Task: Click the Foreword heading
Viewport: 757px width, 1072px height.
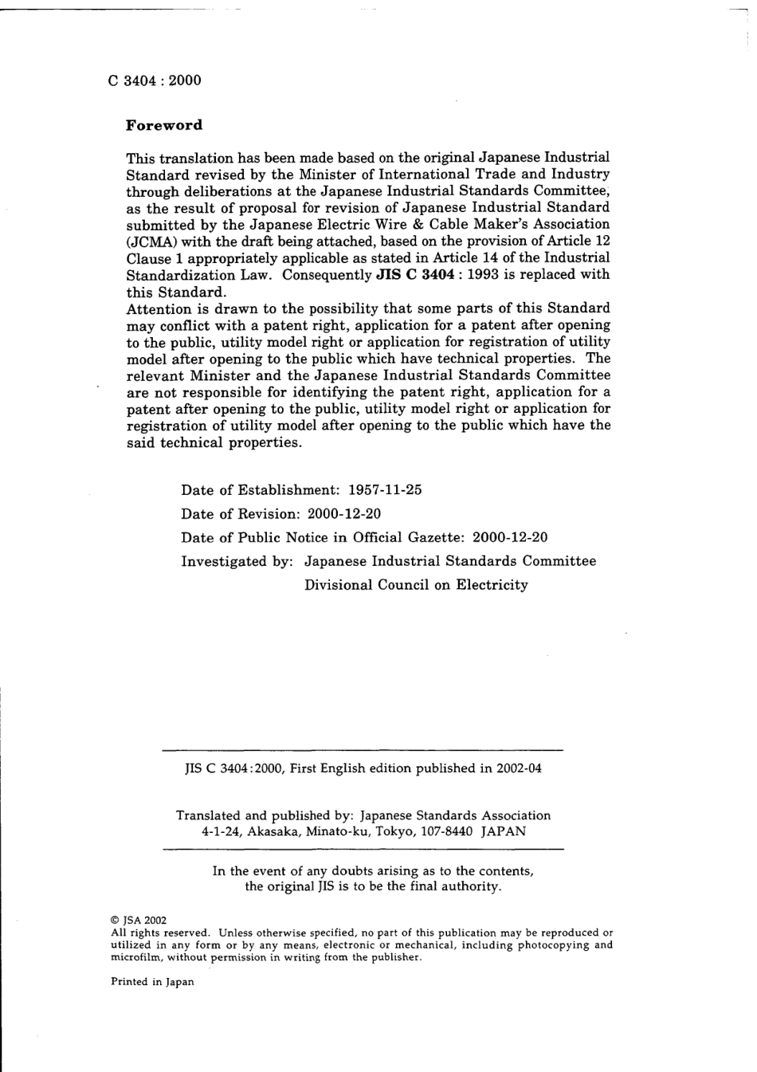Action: pos(164,125)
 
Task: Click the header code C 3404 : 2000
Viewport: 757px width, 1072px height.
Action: pos(155,80)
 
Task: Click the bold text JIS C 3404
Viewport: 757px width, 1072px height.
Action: pos(414,275)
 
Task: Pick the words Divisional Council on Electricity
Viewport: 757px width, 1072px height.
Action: pos(416,585)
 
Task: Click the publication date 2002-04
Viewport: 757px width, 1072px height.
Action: pos(519,769)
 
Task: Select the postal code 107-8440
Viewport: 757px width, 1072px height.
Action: pos(446,831)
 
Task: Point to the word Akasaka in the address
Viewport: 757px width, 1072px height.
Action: pos(273,831)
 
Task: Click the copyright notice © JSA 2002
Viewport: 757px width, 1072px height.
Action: pos(139,920)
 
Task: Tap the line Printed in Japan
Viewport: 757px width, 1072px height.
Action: pos(152,982)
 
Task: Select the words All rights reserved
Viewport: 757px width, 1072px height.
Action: pos(160,933)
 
